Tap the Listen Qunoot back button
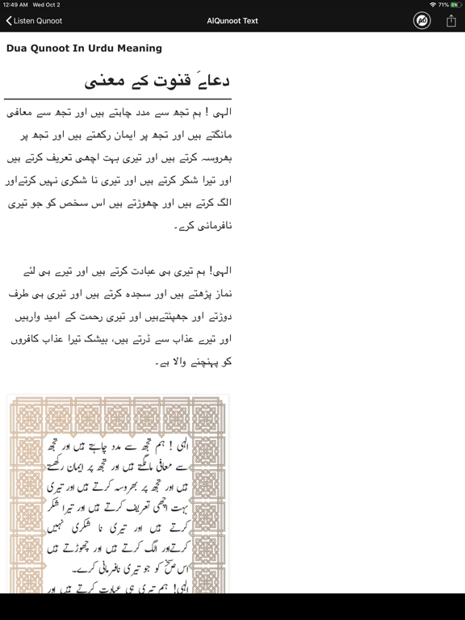click(x=34, y=21)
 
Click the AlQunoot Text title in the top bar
click(x=232, y=21)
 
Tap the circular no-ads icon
click(x=421, y=21)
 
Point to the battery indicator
click(x=455, y=5)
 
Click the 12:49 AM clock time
click(x=15, y=5)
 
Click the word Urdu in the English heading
click(x=92, y=48)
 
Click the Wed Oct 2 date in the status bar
click(x=46, y=5)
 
